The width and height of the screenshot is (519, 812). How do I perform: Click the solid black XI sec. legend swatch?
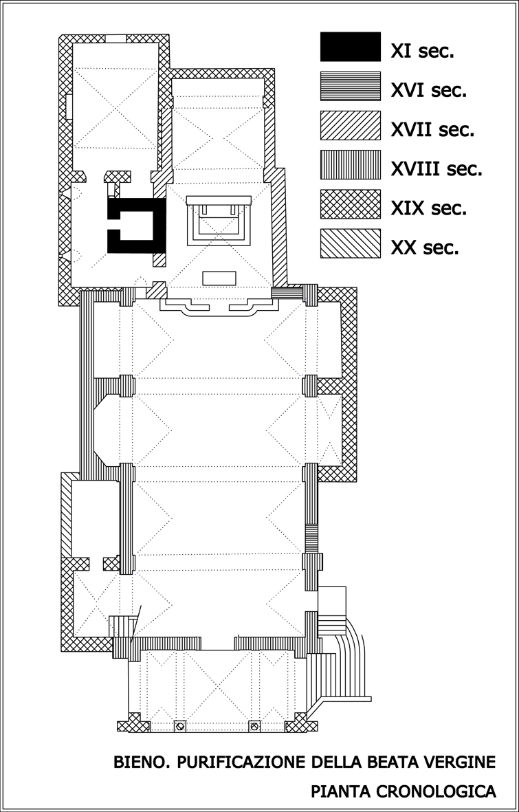(350, 47)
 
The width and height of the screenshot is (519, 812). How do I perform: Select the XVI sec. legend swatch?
(350, 86)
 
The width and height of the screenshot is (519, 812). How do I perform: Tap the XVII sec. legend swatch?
(350, 125)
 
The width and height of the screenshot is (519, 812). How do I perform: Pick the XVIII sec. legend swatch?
(350, 165)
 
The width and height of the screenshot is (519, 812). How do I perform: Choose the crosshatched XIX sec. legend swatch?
(350, 204)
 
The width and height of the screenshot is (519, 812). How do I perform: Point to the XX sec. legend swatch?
(350, 243)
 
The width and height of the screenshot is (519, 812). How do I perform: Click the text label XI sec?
(422, 52)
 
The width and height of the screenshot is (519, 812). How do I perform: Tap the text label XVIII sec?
(436, 169)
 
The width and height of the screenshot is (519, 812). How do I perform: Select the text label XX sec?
(425, 248)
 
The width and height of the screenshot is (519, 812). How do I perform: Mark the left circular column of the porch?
(179, 726)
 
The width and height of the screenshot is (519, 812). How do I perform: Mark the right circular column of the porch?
(254, 726)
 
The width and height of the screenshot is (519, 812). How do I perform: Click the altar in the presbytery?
(219, 221)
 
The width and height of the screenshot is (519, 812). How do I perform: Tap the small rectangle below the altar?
(219, 278)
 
